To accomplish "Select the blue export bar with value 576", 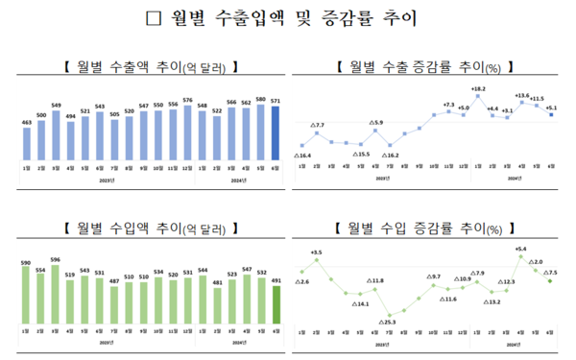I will pyautogui.click(x=188, y=131).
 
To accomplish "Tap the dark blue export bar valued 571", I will pyautogui.click(x=276, y=132).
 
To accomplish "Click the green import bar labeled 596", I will pyautogui.click(x=56, y=294).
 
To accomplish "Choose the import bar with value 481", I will pyautogui.click(x=217, y=304).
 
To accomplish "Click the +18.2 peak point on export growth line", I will pyautogui.click(x=477, y=98).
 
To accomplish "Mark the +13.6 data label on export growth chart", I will pyautogui.click(x=520, y=95).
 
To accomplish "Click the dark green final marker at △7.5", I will pyautogui.click(x=550, y=281).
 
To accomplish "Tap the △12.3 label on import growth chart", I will pyautogui.click(x=507, y=282).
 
